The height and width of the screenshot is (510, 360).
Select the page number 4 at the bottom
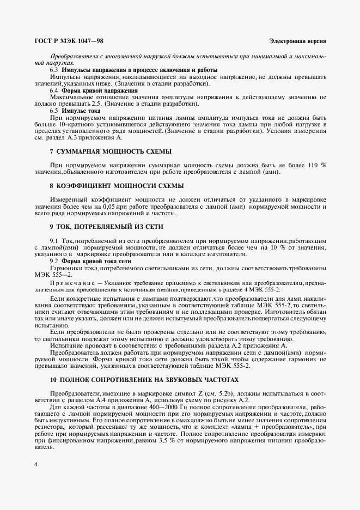[x=35, y=464]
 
